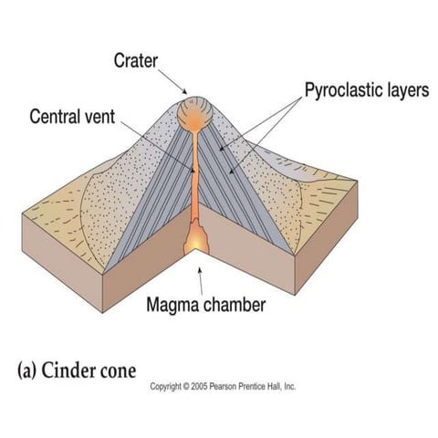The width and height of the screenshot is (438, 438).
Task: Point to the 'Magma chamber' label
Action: click(x=206, y=304)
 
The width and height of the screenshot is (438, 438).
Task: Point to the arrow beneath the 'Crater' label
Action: click(x=181, y=85)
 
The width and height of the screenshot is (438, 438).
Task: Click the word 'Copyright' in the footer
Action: click(x=168, y=387)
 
